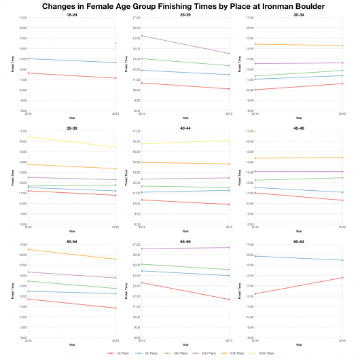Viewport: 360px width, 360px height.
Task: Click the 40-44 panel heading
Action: click(x=185, y=126)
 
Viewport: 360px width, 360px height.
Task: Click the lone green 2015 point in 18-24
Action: click(x=115, y=43)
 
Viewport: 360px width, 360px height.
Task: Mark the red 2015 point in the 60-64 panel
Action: click(x=342, y=278)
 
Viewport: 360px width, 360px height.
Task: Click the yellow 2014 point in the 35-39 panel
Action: click(x=28, y=137)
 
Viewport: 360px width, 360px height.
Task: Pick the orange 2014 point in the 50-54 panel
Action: click(x=28, y=249)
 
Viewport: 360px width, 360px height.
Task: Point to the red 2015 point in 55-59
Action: click(x=229, y=300)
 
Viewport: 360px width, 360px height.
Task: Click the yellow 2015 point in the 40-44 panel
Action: click(x=229, y=141)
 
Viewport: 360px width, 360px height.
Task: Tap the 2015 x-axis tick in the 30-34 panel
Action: click(x=342, y=113)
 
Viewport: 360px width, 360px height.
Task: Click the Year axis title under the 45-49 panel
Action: click(x=299, y=230)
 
